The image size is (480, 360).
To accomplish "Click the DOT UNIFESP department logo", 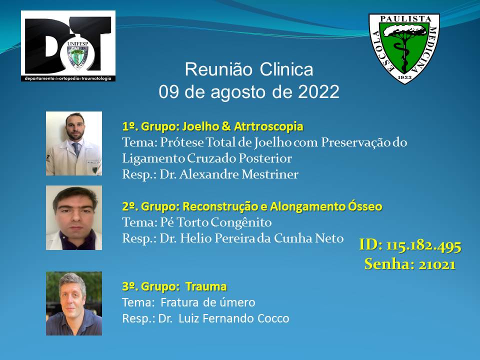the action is coord(68,46).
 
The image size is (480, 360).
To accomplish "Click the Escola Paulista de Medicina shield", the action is coord(404,48).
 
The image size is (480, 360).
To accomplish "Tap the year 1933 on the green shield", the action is coord(404,77).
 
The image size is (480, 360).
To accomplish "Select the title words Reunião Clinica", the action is coord(249,69).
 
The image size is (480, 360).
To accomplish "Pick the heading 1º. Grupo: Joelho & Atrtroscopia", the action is coord(213,126).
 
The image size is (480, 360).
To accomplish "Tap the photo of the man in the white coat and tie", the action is coord(74,143).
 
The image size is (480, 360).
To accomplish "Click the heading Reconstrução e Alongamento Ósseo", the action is coord(282,206).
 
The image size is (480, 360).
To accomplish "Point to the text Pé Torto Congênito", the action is coord(216,222).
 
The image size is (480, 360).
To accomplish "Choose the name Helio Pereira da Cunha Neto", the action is coord(261,238).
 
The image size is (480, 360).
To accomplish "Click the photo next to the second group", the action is coord(74,217).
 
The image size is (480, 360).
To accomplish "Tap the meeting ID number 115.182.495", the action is coord(423,245).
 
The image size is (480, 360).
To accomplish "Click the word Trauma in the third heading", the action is coord(206,286).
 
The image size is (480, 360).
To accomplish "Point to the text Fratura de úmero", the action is coord(208,302).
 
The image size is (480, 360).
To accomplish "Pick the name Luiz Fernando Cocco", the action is coord(234,318).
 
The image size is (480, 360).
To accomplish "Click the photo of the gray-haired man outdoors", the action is coord(74,303).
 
